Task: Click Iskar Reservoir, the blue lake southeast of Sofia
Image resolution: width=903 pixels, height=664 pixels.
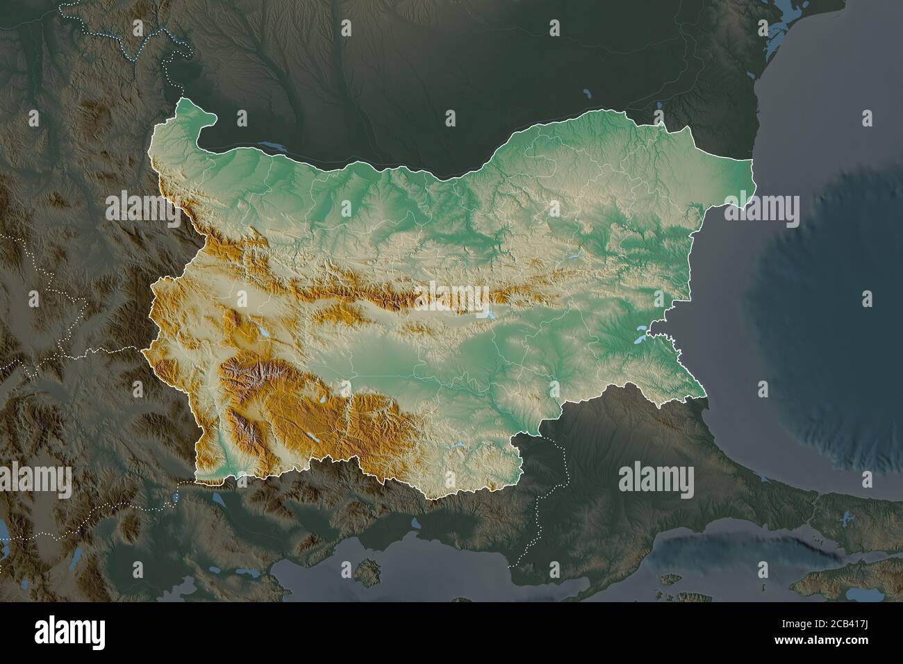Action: [265, 334]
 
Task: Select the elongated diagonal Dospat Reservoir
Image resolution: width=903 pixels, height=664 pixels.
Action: [313, 438]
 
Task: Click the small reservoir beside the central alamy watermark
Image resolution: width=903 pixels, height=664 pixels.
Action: [492, 314]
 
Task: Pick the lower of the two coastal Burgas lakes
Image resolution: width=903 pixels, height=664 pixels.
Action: [638, 340]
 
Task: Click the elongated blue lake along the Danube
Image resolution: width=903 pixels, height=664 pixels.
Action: [274, 147]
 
